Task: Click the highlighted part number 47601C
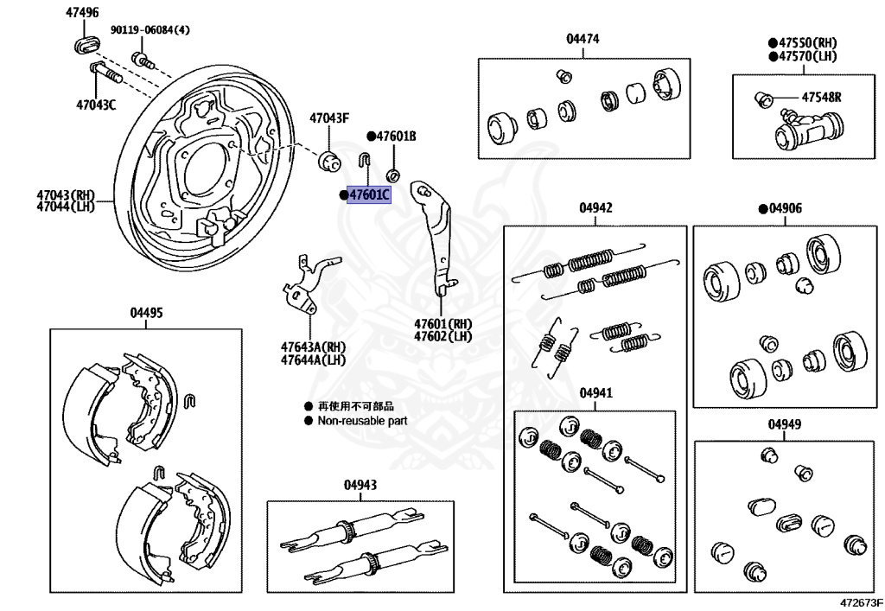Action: tap(368, 196)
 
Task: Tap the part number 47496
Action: tap(82, 13)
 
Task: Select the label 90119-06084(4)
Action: tap(150, 30)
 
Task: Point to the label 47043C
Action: tap(96, 105)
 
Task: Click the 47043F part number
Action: tap(329, 118)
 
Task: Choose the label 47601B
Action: tap(396, 137)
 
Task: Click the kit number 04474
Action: tap(583, 39)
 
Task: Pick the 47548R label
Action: tap(821, 97)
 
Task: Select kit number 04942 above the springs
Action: tap(595, 208)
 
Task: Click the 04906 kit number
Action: tap(785, 208)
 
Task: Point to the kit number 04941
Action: tap(595, 392)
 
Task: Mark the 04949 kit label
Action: tap(784, 424)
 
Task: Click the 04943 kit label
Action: tap(360, 485)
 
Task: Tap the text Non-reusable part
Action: tap(362, 421)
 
